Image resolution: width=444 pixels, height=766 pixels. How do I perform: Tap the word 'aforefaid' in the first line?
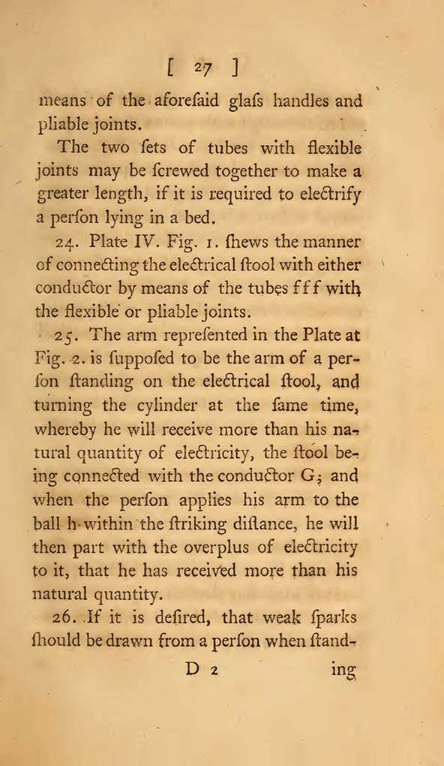(x=183, y=101)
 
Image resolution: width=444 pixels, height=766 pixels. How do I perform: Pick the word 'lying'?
(x=127, y=219)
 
